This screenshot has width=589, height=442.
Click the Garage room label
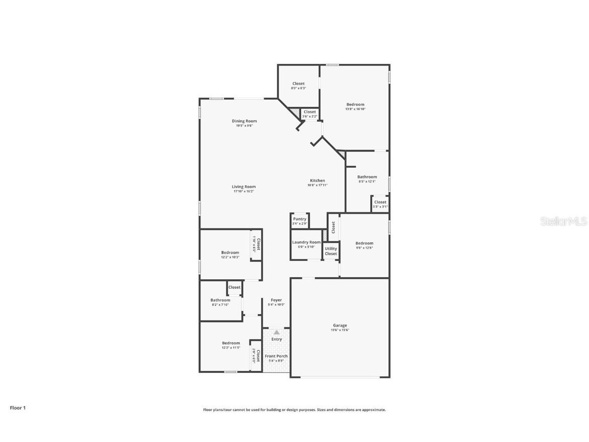tap(340, 325)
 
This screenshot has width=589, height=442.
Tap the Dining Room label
tap(244, 121)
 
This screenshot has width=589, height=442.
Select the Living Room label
tap(244, 187)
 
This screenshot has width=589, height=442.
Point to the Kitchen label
tap(317, 181)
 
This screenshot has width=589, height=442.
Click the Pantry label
tap(300, 219)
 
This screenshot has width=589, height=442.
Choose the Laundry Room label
tap(306, 242)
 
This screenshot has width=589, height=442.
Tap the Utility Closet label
tap(331, 251)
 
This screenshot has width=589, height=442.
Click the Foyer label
tap(276, 300)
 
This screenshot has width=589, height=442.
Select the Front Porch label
tap(276, 356)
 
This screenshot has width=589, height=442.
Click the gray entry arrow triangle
tap(277, 332)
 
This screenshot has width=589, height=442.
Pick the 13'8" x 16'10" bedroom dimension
tap(355, 109)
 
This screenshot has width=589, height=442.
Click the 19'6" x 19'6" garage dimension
tap(340, 330)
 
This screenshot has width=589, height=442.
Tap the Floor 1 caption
tap(17, 408)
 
